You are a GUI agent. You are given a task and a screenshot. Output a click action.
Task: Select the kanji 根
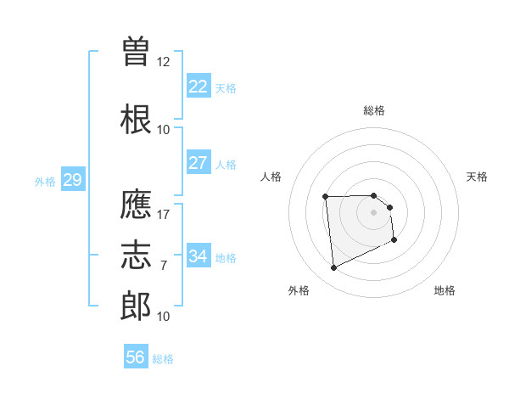coord(137,120)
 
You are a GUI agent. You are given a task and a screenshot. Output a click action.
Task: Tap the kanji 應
coord(137,205)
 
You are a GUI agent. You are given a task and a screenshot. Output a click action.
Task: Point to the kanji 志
coord(137,255)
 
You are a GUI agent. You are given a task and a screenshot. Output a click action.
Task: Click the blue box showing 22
coord(199,87)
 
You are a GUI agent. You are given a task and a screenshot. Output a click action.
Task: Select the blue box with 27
coord(199,163)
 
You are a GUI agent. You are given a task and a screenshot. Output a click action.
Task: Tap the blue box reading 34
coord(199,256)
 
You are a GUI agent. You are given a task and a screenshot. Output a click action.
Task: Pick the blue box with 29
coord(72,180)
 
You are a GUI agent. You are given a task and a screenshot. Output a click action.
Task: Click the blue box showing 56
coord(136,357)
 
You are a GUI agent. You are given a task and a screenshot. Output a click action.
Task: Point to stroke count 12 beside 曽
coord(163,62)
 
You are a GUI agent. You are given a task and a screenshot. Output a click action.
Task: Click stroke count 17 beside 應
coord(163,215)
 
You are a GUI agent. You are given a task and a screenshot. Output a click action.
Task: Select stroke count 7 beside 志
coord(163,266)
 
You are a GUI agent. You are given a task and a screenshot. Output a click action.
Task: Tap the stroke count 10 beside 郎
coord(163,317)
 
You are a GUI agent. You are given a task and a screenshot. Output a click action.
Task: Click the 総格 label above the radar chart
coord(374,110)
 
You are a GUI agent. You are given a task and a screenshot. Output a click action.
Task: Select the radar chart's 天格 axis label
coord(478,177)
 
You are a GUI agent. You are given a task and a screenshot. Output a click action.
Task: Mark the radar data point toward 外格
coord(333,268)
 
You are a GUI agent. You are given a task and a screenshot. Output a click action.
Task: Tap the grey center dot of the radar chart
coord(374,212)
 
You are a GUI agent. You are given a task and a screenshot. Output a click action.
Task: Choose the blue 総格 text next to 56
coord(163,359)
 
